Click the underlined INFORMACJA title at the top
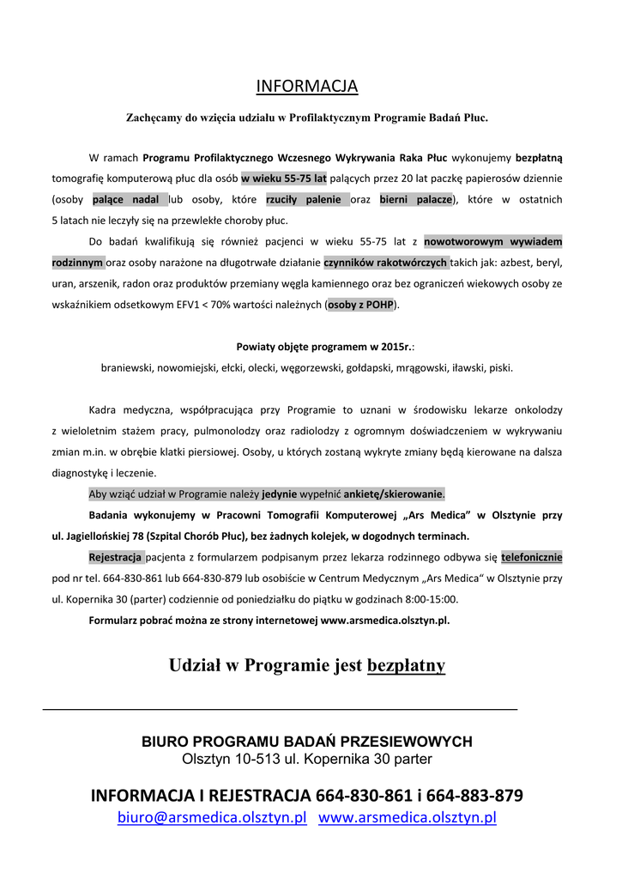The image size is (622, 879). [307, 87]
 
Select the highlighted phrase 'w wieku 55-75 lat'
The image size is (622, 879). [284, 179]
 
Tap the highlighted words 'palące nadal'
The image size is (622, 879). [130, 200]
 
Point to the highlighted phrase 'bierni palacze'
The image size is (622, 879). [416, 200]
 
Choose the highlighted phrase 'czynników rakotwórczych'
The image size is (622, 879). [385, 262]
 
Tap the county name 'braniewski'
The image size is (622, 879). [126, 367]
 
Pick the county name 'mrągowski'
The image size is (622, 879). [420, 367]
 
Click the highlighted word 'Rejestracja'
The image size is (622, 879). [117, 557]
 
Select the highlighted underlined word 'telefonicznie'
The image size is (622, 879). [532, 557]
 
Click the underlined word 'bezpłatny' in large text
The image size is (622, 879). [406, 665]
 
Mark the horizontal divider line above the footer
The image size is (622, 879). [280, 710]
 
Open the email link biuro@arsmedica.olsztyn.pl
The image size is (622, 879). [212, 818]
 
